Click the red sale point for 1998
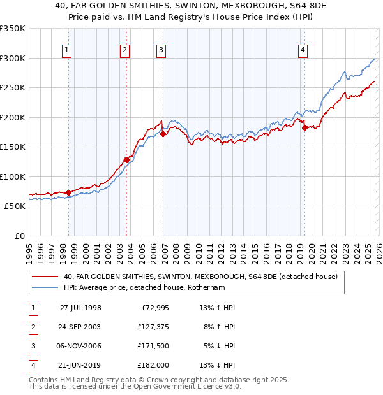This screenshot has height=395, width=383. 69,192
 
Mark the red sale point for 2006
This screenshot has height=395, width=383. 163,134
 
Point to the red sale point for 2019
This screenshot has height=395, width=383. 304,127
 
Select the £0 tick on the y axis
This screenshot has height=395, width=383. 19,236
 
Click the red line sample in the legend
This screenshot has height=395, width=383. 45,276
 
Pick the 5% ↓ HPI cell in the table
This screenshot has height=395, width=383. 218,347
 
